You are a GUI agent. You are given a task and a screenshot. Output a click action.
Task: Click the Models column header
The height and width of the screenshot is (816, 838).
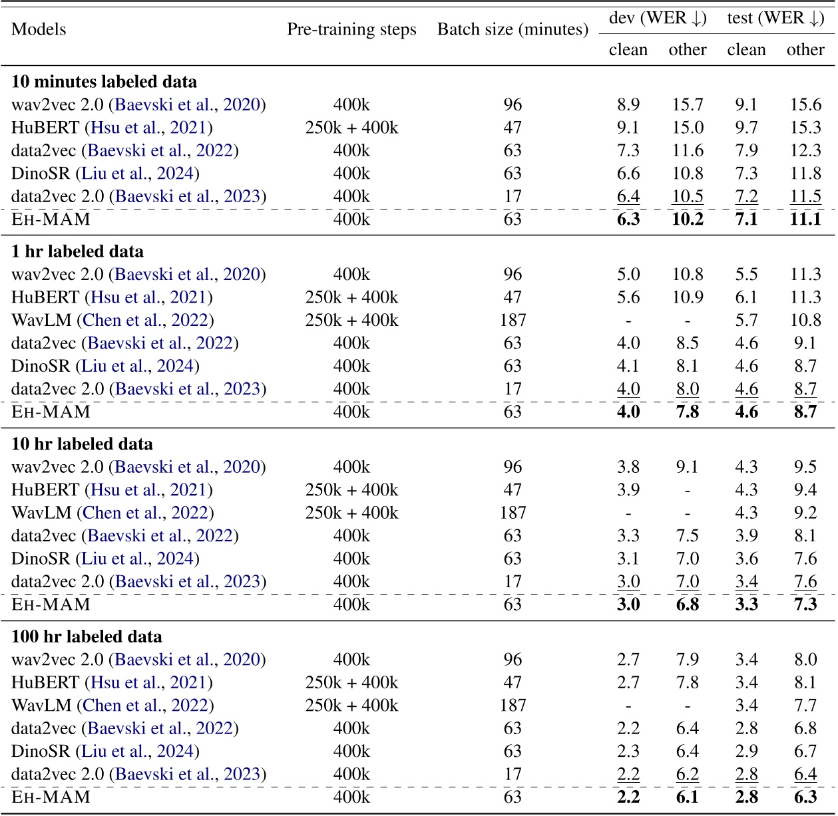39,29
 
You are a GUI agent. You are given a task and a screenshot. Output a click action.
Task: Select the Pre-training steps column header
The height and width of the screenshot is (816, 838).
351,29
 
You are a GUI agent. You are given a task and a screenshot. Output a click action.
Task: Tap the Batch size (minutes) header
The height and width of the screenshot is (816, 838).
513,29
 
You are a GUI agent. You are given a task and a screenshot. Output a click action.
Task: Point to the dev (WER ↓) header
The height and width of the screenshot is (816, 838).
658,18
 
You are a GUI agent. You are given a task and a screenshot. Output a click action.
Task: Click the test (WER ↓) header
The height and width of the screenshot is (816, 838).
775,18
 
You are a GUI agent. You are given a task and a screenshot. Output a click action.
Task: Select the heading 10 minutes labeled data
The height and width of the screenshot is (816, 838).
104,82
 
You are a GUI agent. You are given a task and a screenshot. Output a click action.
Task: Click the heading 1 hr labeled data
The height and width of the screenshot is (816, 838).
77,251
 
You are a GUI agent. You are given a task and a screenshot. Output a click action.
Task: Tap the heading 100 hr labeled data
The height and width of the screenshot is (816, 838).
87,636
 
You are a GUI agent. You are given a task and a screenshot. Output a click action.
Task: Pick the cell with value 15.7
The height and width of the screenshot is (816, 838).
687,104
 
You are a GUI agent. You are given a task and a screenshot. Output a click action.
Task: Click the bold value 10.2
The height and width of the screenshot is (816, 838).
687,219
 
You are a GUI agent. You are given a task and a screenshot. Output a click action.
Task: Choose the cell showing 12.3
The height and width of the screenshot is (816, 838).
805,150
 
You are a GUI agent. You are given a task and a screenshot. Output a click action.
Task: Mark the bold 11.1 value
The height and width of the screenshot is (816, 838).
805,219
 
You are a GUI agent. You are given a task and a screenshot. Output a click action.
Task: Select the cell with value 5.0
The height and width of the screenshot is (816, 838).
628,274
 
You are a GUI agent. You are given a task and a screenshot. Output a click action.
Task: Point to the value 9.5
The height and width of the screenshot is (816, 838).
805,467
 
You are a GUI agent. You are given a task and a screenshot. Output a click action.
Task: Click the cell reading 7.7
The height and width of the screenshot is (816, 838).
805,705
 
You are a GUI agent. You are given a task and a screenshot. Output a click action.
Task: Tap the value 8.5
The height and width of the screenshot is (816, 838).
687,343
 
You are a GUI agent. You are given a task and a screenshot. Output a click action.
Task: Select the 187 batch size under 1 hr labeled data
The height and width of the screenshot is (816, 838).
513,320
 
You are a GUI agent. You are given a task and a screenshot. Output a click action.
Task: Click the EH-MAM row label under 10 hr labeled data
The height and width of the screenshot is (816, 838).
51,604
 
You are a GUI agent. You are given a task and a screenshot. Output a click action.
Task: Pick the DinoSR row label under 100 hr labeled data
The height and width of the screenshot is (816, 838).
105,751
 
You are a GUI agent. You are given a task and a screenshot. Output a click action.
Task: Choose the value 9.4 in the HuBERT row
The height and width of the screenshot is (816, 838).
805,489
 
